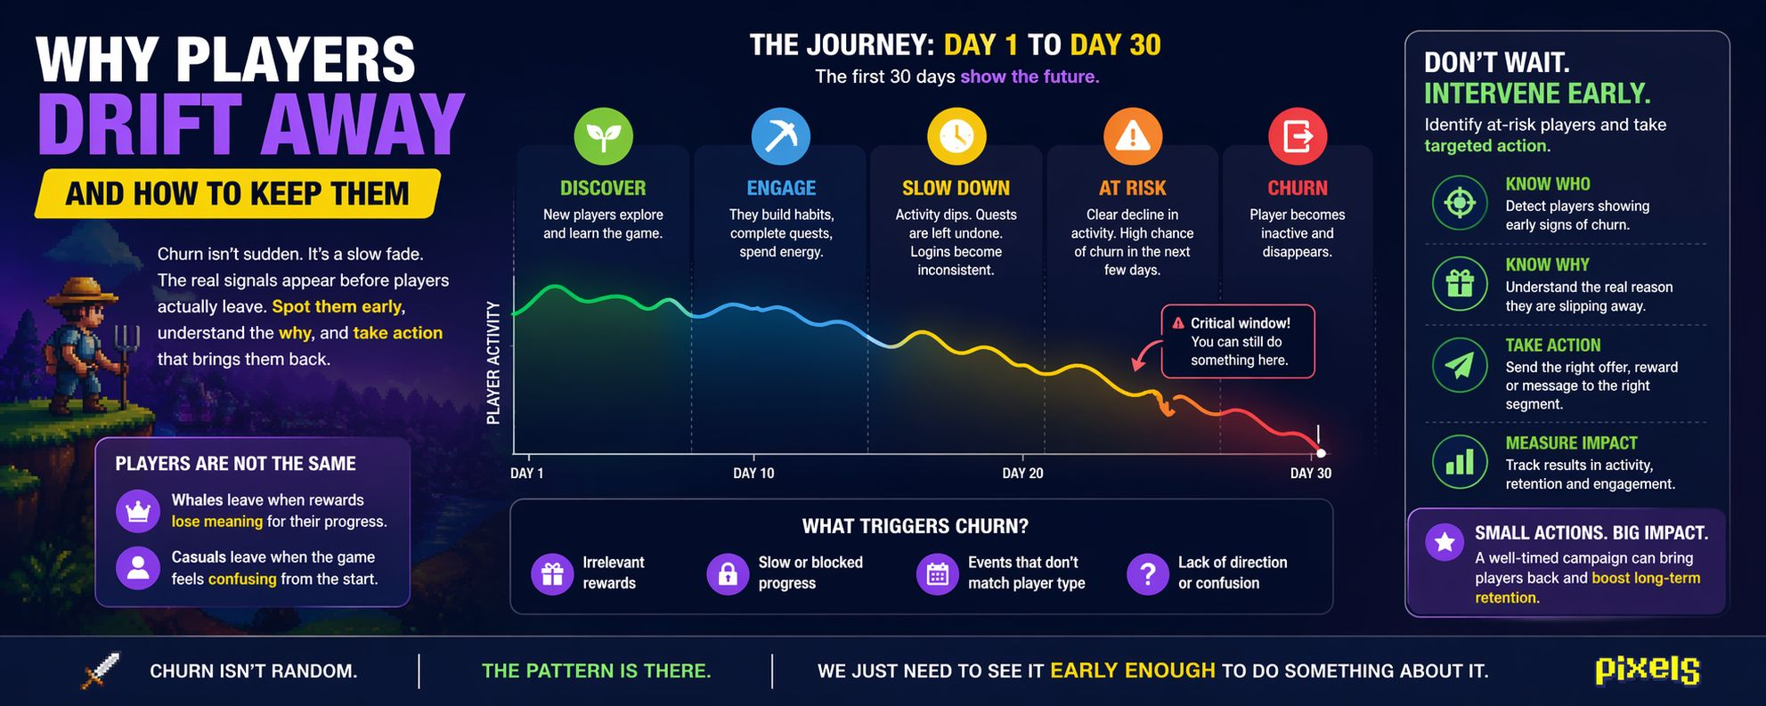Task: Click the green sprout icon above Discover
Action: [x=603, y=136]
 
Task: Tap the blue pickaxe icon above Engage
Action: [x=780, y=136]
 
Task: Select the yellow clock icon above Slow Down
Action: [x=956, y=136]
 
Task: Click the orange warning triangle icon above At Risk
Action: [x=1133, y=136]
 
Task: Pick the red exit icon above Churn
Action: [x=1298, y=136]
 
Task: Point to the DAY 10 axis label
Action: [x=753, y=473]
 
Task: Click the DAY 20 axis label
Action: [x=1022, y=473]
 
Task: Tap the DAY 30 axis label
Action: [x=1311, y=473]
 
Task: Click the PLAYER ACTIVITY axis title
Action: [x=493, y=362]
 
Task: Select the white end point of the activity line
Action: [x=1321, y=453]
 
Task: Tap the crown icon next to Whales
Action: [x=138, y=511]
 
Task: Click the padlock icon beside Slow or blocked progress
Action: [x=728, y=573]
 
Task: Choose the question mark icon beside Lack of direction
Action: [x=1148, y=573]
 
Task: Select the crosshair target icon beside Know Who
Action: [x=1460, y=202]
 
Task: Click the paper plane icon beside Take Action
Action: [x=1460, y=365]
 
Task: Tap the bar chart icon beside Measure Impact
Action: [x=1460, y=461]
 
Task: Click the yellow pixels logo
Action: [x=1648, y=670]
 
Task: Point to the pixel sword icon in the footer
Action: [x=100, y=670]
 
